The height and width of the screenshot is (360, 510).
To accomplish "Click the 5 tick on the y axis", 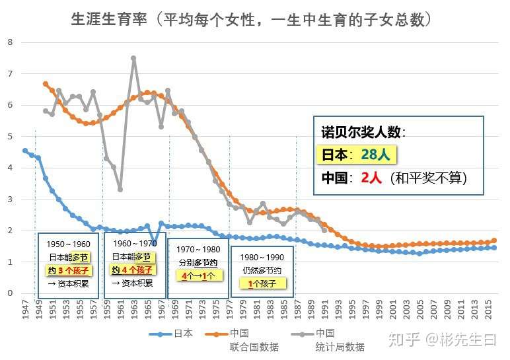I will pyautogui.click(x=10, y=137).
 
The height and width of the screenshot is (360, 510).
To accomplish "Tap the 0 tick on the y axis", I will pyautogui.click(x=10, y=293).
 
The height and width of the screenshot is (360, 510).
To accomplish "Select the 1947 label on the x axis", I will pyautogui.click(x=25, y=310).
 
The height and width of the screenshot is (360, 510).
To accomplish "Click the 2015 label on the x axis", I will pyautogui.click(x=488, y=310).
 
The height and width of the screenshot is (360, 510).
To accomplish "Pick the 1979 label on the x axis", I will pyautogui.click(x=243, y=310).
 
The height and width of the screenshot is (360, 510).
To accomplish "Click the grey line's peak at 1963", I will pyautogui.click(x=133, y=58).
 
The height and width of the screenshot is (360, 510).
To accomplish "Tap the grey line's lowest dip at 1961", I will pyautogui.click(x=120, y=190).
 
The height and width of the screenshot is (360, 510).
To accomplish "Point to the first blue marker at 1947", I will pyautogui.click(x=25, y=151).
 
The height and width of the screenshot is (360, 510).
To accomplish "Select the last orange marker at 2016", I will pyautogui.click(x=493, y=240).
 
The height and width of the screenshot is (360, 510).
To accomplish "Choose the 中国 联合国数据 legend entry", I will pyautogui.click(x=254, y=340).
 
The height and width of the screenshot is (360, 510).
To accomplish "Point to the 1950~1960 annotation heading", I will pyautogui.click(x=68, y=244).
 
